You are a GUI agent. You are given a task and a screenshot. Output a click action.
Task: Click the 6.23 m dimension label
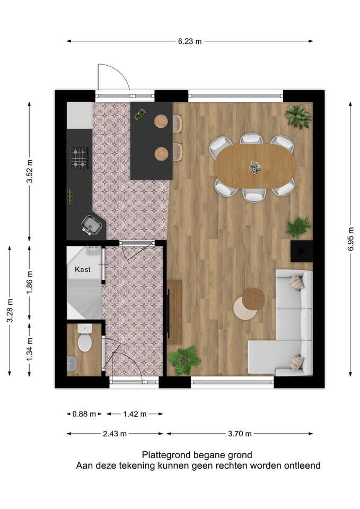pyautogui.click(x=190, y=41)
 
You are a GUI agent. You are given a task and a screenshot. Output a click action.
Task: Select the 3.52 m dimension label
pyautogui.click(x=30, y=171)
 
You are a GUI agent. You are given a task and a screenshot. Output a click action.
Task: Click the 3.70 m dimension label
pyautogui.click(x=239, y=434)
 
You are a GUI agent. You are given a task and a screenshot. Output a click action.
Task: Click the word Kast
pyautogui.click(x=82, y=269)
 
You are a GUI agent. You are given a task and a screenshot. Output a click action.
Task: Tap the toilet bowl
pyautogui.click(x=85, y=340)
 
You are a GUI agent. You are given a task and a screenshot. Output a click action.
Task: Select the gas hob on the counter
pyautogui.click(x=80, y=158)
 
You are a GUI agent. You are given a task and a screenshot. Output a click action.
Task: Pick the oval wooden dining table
pyautogui.click(x=255, y=166)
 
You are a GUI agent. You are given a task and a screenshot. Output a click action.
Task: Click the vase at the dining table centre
pyautogui.click(x=255, y=167)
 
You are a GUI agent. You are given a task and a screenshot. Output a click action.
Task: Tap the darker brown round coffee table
pyautogui.click(x=253, y=299)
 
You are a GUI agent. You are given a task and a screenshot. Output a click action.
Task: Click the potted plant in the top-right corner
pyautogui.click(x=297, y=116)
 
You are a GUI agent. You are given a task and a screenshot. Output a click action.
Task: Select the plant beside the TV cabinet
pyautogui.click(x=184, y=361)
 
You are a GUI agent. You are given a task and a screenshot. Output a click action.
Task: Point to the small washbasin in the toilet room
pyautogui.click(x=72, y=363)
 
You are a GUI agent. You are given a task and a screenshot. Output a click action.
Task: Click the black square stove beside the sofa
pyautogui.click(x=301, y=251)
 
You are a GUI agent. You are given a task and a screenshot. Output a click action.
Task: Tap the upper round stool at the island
pyautogui.click(x=161, y=121)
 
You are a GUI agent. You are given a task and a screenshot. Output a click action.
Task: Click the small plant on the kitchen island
pyautogui.click(x=140, y=114)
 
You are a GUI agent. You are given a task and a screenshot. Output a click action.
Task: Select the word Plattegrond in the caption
pyautogui.click(x=163, y=454)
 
